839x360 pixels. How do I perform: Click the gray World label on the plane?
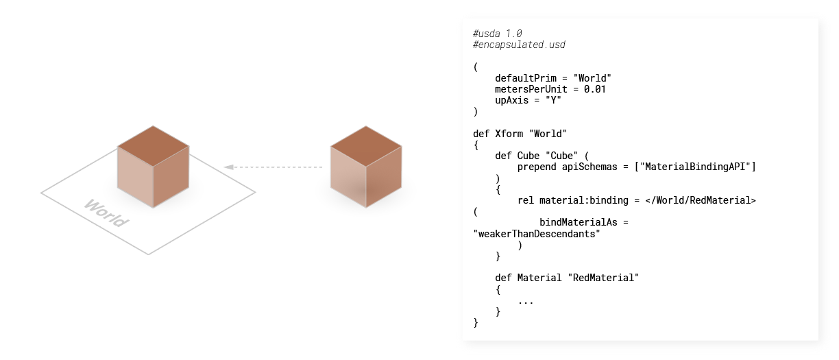pos(106,213)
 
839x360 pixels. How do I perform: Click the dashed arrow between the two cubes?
pos(273,167)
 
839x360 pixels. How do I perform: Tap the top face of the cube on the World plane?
pos(153,146)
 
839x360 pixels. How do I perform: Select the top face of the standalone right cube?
pos(366,146)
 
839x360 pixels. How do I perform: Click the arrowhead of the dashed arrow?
pos(228,167)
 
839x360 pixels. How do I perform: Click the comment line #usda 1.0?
pos(498,34)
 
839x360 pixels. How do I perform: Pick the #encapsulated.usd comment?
pos(519,45)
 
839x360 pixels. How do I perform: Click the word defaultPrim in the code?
pos(526,78)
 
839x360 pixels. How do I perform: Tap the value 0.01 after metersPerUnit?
pos(595,89)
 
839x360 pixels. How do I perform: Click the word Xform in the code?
pos(509,134)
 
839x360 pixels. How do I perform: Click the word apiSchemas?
pos(589,167)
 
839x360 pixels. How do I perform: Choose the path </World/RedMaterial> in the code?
pos(701,200)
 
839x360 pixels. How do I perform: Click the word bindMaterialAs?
pos(579,222)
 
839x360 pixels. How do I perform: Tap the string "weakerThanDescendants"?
pos(537,234)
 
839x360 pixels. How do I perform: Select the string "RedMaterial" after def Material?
pos(603,278)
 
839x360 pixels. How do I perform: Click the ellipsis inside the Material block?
pos(526,302)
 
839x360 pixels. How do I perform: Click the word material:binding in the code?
pos(584,200)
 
